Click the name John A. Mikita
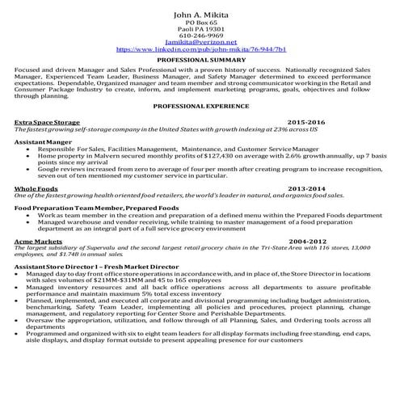coord(200,15)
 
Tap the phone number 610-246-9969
coord(200,36)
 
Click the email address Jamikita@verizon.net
coord(200,42)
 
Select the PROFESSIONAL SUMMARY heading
coord(200,61)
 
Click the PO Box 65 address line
coord(200,23)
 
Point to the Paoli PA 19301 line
coord(200,29)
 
